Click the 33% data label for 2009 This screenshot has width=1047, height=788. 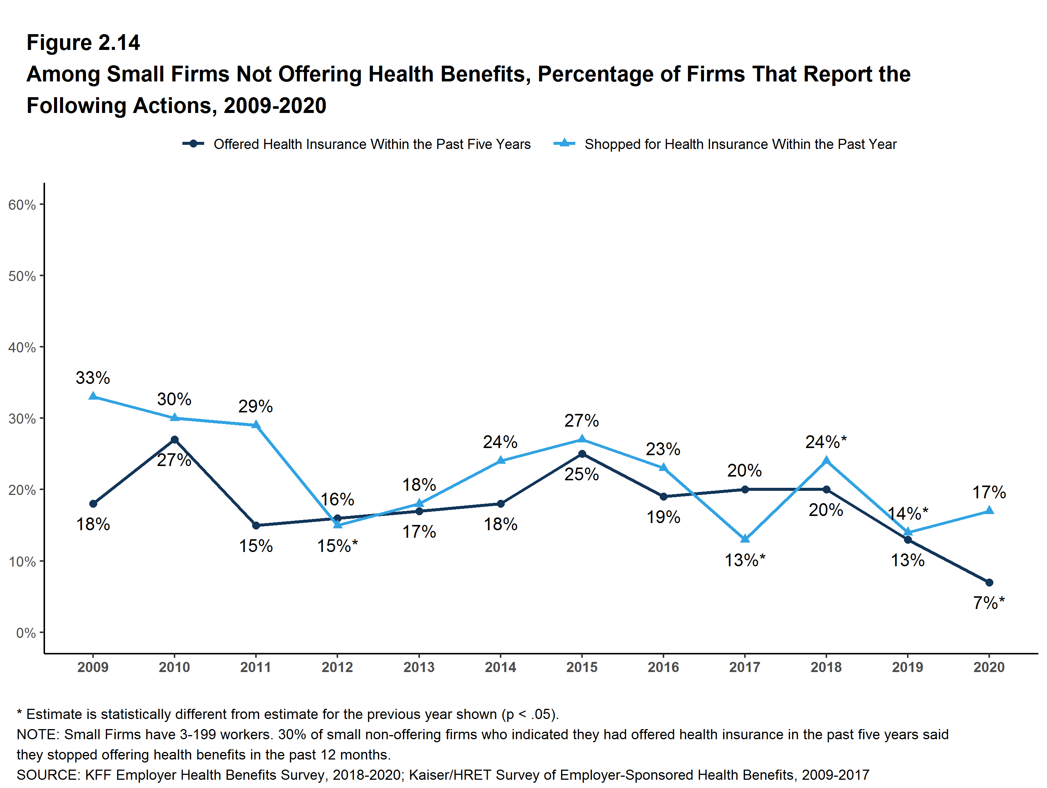coord(93,377)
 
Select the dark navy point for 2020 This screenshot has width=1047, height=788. coord(989,582)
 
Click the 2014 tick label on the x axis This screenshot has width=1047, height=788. coord(500,667)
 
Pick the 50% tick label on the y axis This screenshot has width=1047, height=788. coord(22,276)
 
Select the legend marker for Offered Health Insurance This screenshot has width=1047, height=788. coord(193,144)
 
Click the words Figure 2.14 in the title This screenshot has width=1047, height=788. coord(83,43)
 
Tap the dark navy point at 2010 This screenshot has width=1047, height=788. coord(174,440)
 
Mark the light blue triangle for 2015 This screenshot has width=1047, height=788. coord(582,439)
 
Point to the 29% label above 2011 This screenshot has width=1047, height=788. coord(255,406)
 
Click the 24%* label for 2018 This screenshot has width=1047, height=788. coord(826,442)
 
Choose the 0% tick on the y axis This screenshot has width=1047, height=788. coord(26,633)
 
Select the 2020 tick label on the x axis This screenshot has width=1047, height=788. coord(989,667)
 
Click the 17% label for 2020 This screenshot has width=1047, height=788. coord(989,492)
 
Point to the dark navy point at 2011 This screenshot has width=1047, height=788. coord(256,525)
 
